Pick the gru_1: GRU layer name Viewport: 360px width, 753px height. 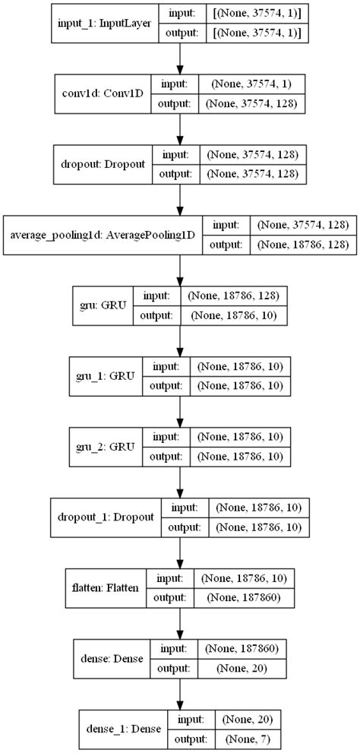(102, 375)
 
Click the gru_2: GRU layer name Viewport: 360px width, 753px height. (102, 445)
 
